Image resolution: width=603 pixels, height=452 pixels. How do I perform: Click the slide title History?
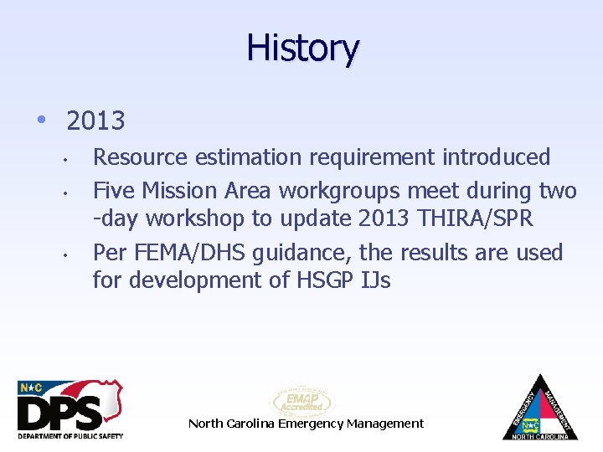pyautogui.click(x=302, y=49)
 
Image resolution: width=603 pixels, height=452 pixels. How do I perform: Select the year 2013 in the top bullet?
pyautogui.click(x=95, y=121)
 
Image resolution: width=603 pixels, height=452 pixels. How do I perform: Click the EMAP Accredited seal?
pyautogui.click(x=301, y=401)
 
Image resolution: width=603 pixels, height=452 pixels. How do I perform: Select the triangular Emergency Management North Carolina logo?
pyautogui.click(x=539, y=408)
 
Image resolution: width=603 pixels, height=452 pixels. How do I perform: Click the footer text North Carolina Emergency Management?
pyautogui.click(x=306, y=424)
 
